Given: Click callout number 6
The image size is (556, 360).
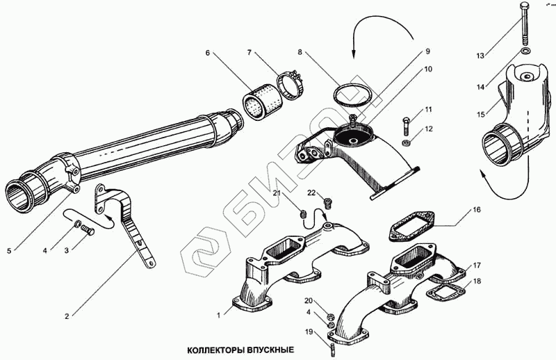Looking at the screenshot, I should [x=207, y=53].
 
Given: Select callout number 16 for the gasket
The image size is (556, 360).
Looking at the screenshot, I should [x=477, y=209].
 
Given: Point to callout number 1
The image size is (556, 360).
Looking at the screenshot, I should [x=219, y=314].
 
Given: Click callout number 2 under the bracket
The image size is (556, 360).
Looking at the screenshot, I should [x=67, y=316].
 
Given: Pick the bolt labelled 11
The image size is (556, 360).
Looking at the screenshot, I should [x=406, y=126].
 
